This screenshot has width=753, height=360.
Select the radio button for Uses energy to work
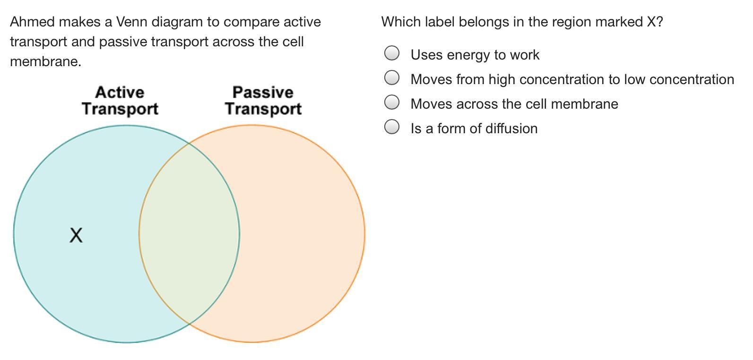pyautogui.click(x=392, y=53)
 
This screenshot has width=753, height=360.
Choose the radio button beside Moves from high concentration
pyautogui.click(x=392, y=77)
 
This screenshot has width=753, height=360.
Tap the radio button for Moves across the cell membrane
pyautogui.click(x=392, y=102)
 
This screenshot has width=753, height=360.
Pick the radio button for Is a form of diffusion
pyautogui.click(x=392, y=127)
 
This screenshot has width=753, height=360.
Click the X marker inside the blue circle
pyautogui.click(x=76, y=235)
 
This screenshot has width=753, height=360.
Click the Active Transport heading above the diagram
pyautogui.click(x=120, y=101)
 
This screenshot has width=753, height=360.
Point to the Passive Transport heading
pyautogui.click(x=263, y=101)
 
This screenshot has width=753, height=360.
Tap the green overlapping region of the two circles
pyautogui.click(x=189, y=233)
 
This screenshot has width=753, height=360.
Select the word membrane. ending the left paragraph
pyautogui.click(x=46, y=61)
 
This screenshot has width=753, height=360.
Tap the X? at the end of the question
pyautogui.click(x=655, y=22)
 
